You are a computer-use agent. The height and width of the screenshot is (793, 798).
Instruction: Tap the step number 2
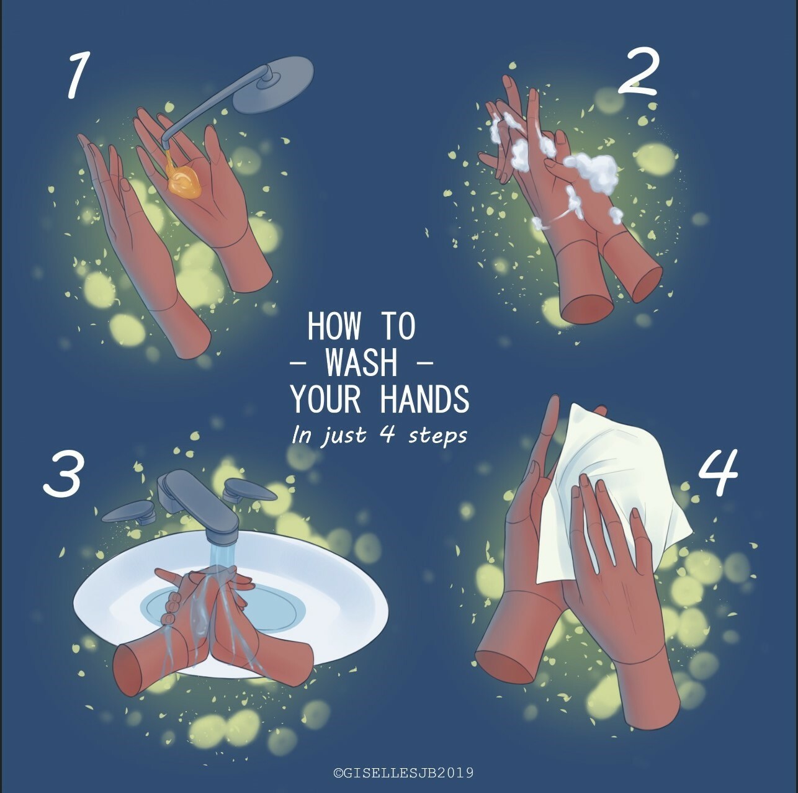coord(637,73)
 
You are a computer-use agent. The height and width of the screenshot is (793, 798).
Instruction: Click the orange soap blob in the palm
coord(184,183)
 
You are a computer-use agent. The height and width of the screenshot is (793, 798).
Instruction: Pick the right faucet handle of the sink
coord(248,490)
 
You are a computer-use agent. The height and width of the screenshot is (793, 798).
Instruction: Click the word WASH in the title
coord(361,363)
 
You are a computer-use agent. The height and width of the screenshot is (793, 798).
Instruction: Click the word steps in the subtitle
coord(437,435)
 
